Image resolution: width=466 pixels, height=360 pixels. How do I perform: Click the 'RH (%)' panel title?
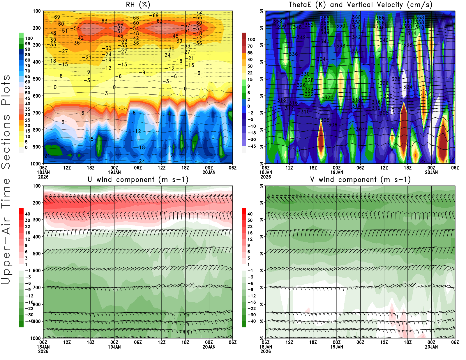click(x=138, y=5)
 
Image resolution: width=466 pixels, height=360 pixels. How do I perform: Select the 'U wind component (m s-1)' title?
click(x=138, y=179)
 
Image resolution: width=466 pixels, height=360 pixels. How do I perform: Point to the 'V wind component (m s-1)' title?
click(x=360, y=179)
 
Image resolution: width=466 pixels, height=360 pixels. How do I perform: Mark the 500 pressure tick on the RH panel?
click(x=37, y=79)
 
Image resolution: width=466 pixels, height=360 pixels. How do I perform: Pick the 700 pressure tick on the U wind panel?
click(x=37, y=287)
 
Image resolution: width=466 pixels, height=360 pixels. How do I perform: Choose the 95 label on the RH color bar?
click(x=27, y=44)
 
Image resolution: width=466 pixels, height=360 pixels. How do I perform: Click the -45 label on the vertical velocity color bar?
click(x=251, y=146)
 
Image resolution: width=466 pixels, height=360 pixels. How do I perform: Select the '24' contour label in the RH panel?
click(x=142, y=161)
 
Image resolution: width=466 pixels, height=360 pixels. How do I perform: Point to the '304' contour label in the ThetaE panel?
click(x=360, y=129)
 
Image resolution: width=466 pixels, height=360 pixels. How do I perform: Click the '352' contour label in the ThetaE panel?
click(x=309, y=25)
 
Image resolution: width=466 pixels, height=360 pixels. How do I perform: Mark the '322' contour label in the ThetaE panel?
click(x=309, y=94)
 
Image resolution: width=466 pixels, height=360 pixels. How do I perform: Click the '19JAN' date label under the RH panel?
click(x=114, y=172)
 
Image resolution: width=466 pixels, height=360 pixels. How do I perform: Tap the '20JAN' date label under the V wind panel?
click(x=431, y=347)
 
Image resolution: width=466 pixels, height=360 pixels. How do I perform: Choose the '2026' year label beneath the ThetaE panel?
click(x=266, y=177)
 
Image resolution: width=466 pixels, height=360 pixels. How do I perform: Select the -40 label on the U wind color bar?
click(x=29, y=321)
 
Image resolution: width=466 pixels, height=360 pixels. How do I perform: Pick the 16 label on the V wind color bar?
click(x=250, y=233)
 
